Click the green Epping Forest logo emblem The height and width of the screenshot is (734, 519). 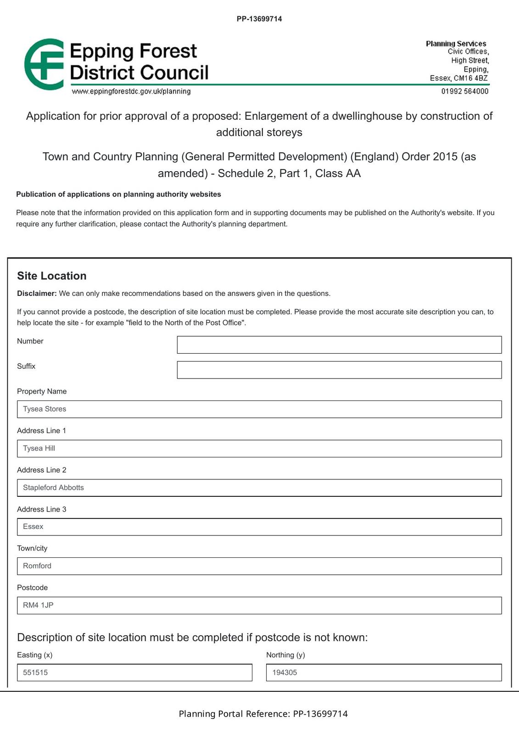pyautogui.click(x=44, y=64)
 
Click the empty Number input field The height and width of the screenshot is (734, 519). pyautogui.click(x=339, y=345)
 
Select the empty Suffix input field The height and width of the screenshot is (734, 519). pyautogui.click(x=339, y=370)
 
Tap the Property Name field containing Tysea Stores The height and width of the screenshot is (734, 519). pyautogui.click(x=259, y=409)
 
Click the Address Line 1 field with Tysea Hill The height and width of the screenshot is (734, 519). pyautogui.click(x=259, y=449)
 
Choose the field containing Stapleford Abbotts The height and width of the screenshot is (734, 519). pyautogui.click(x=259, y=488)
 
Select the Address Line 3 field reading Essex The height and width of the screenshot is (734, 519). pyautogui.click(x=259, y=527)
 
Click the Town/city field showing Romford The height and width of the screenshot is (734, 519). pyautogui.click(x=259, y=566)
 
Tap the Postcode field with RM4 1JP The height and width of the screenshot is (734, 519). pyautogui.click(x=259, y=606)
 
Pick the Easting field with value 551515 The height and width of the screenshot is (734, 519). pyautogui.click(x=134, y=673)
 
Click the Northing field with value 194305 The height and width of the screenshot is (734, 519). pyautogui.click(x=384, y=673)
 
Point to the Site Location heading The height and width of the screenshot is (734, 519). pyautogui.click(x=52, y=276)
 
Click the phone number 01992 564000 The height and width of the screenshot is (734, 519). pyautogui.click(x=465, y=91)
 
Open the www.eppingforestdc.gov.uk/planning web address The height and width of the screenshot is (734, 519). pyautogui.click(x=131, y=91)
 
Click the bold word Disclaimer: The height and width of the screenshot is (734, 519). pyautogui.click(x=37, y=294)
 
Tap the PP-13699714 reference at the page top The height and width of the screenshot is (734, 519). pyautogui.click(x=259, y=19)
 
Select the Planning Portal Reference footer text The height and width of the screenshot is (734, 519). pyautogui.click(x=263, y=714)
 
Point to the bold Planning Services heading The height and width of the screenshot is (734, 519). pyautogui.click(x=456, y=44)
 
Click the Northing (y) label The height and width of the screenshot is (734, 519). pyautogui.click(x=285, y=655)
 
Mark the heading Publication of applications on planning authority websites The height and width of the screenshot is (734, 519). pyautogui.click(x=118, y=195)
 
